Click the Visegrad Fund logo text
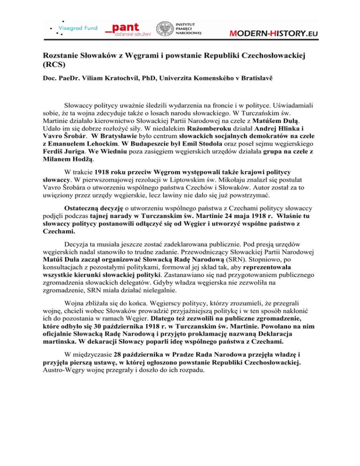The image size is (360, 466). tap(77, 28)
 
